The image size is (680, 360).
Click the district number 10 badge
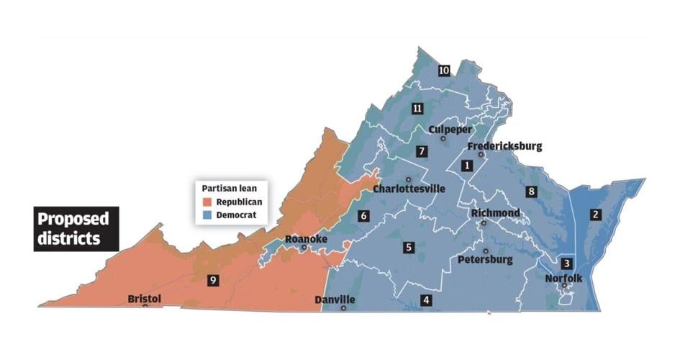[444, 71]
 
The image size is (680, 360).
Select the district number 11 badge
[417, 109]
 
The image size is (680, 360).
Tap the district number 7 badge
[422, 152]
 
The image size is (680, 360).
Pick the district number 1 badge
[467, 166]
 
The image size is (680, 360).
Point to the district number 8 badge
[531, 192]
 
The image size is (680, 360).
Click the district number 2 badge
[595, 214]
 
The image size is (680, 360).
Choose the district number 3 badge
[567, 264]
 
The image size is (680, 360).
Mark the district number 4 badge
[426, 300]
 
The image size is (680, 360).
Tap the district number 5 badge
[409, 248]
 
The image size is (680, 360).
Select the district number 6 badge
[364, 215]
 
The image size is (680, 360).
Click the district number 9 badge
[212, 281]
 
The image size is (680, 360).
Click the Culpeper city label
[450, 130]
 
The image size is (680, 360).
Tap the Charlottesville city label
[409, 189]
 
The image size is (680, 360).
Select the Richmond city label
[495, 214]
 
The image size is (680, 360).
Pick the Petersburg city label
[485, 259]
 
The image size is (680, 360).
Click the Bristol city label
[145, 298]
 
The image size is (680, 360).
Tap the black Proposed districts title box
[76, 228]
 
